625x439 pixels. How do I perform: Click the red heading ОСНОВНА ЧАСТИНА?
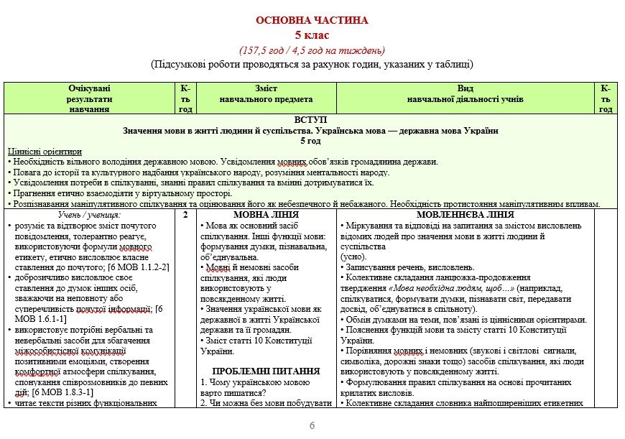pyautogui.click(x=312, y=21)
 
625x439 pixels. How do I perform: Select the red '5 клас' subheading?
pyautogui.click(x=312, y=34)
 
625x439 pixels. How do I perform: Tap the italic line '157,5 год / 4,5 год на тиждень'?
pyautogui.click(x=312, y=50)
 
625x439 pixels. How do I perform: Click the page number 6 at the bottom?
pyautogui.click(x=312, y=425)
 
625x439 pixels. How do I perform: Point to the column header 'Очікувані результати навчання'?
pyautogui.click(x=90, y=98)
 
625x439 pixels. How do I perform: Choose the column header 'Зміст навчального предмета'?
pyautogui.click(x=266, y=94)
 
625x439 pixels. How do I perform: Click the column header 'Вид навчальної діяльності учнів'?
pyautogui.click(x=465, y=94)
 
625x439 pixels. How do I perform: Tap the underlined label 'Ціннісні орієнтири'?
pyautogui.click(x=45, y=152)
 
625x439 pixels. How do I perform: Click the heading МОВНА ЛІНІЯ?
pyautogui.click(x=266, y=215)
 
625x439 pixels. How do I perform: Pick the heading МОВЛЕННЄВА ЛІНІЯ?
pyautogui.click(x=465, y=215)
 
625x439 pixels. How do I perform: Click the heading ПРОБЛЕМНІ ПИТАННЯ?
pyautogui.click(x=266, y=371)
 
